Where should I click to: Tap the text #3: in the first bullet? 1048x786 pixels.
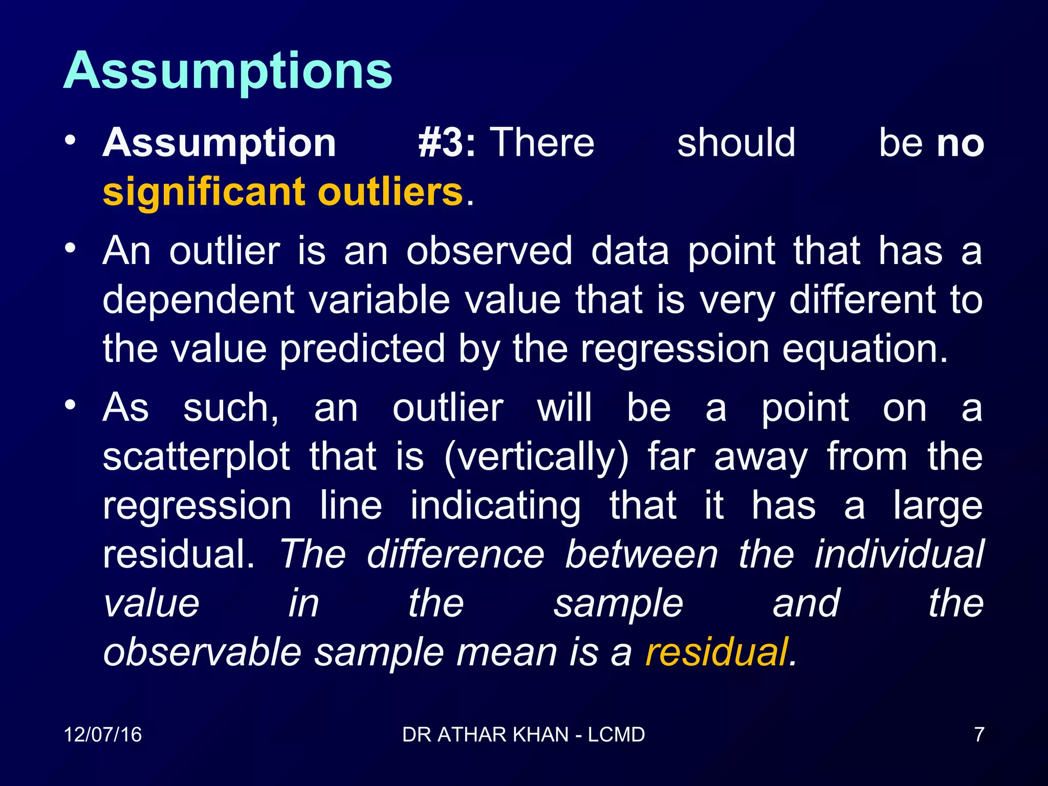pos(446,143)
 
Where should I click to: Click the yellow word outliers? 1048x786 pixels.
pos(390,191)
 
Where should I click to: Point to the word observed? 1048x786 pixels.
pos(489,251)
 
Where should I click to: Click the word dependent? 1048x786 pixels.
pos(199,300)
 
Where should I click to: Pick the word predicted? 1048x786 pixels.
pos(362,350)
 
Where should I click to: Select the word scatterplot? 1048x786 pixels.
pos(196,456)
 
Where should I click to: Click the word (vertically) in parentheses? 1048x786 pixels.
pos(536,456)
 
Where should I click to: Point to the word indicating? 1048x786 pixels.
pos(495,506)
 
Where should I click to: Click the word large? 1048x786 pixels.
pos(937,506)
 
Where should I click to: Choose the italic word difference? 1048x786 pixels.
pos(455,554)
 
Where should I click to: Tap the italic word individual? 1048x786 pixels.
pos(899,554)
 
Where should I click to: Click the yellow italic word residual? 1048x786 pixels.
pos(716,652)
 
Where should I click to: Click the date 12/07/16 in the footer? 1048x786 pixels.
pos(102,735)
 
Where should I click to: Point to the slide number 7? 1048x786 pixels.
pos(979,735)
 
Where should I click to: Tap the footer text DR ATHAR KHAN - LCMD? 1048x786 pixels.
pos(523,735)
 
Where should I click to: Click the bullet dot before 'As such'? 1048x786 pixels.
pos(71,405)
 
